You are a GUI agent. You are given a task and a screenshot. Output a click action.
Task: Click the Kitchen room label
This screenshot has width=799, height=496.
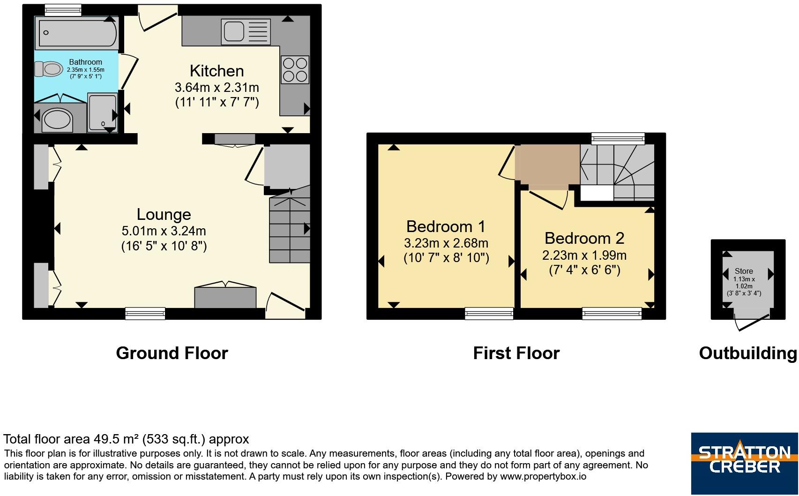[217, 71]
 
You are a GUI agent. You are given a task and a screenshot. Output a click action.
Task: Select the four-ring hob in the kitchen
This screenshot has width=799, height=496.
[295, 69]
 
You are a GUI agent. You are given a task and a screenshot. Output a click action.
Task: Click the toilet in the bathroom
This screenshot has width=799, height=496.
[49, 69]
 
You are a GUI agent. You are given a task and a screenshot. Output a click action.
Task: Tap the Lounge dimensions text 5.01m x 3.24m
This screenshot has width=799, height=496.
[164, 231]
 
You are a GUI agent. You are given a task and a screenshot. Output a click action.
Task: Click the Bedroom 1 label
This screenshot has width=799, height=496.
[446, 226]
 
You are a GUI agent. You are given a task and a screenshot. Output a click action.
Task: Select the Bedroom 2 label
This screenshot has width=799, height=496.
[584, 238]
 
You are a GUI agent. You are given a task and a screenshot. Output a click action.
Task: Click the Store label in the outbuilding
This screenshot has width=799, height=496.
[744, 271]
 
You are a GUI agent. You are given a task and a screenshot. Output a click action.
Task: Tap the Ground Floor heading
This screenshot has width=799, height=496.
[172, 353]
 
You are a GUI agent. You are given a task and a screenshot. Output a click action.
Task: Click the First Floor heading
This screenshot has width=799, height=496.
[516, 353]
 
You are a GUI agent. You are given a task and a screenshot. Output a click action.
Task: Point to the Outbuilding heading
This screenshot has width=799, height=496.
[748, 353]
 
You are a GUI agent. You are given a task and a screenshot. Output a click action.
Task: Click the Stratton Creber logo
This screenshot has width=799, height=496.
[745, 463]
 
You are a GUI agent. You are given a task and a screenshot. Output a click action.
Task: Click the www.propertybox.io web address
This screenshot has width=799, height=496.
[543, 476]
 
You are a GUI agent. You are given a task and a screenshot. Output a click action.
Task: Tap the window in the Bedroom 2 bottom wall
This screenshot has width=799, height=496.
[612, 314]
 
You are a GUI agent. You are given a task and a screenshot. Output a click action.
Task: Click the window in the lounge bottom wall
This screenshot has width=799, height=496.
[145, 314]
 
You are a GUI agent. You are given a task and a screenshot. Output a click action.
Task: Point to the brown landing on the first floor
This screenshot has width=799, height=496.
[547, 167]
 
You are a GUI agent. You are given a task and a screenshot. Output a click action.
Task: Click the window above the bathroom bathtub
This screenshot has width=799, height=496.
[63, 10]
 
